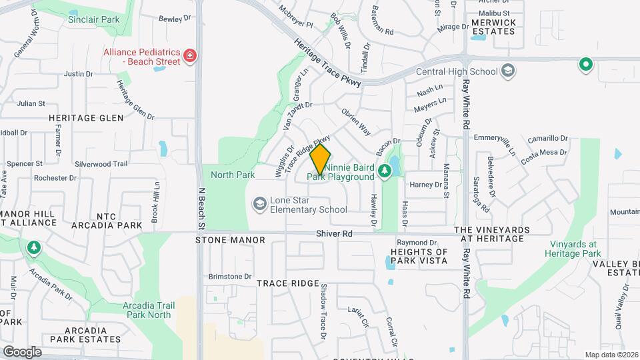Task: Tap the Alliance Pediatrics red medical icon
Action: point(191,55)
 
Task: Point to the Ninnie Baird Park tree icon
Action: point(384,172)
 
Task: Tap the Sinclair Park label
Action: point(93,19)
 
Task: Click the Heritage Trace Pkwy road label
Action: point(327,62)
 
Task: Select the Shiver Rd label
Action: point(334,234)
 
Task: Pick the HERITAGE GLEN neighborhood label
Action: point(85,118)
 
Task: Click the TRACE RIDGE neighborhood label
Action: point(288,283)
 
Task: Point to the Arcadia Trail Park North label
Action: point(148,310)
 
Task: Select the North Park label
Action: point(233,175)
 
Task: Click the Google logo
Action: point(21,351)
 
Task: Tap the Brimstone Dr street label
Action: point(230,276)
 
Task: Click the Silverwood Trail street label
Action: point(101,163)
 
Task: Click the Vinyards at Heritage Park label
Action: point(573,249)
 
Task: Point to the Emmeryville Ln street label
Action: point(493,143)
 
